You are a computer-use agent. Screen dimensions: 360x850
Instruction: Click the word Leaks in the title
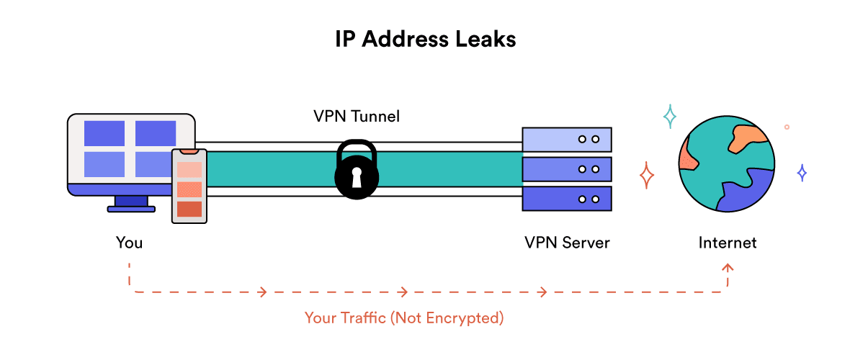click(481, 39)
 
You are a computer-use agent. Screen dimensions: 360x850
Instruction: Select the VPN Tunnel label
click(356, 117)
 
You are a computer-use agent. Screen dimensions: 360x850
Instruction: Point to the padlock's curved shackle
click(355, 150)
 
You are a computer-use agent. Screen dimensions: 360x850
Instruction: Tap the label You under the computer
click(130, 243)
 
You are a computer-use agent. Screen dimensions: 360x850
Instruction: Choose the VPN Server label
click(567, 243)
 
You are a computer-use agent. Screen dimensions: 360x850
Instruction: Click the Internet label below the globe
click(728, 243)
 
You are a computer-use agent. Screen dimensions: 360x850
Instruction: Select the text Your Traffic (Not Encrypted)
click(403, 318)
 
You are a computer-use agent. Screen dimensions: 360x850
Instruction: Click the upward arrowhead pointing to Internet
click(728, 268)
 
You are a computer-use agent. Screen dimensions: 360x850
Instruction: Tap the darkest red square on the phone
click(189, 209)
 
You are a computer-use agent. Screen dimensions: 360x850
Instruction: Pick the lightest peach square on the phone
click(189, 171)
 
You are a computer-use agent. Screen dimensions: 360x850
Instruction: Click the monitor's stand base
click(131, 209)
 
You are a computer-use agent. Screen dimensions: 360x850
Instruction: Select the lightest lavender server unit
click(567, 138)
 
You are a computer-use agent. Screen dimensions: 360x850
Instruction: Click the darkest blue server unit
click(567, 199)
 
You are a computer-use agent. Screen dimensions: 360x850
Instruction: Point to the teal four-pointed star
click(670, 116)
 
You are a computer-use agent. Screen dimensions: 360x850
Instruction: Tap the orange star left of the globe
click(647, 175)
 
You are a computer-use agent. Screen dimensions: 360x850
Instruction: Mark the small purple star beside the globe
click(802, 173)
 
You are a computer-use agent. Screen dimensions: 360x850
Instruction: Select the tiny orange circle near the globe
click(787, 127)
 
